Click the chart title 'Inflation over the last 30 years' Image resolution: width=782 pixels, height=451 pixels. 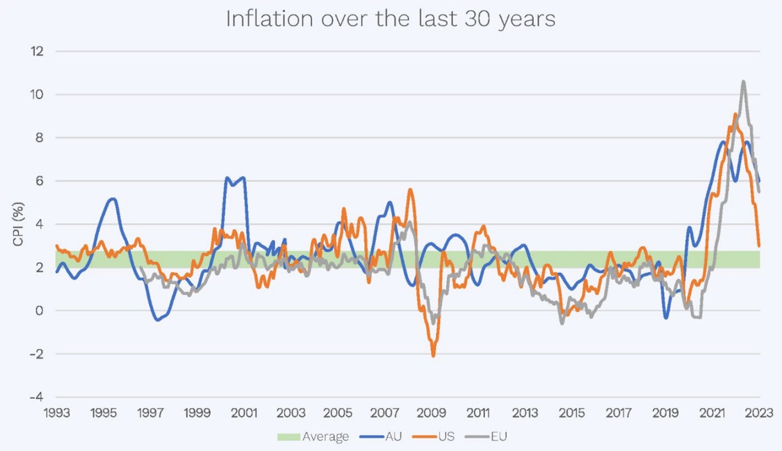pyautogui.click(x=390, y=19)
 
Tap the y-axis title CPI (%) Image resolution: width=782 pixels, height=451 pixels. pyautogui.click(x=18, y=225)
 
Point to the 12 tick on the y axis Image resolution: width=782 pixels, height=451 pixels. pyautogui.click(x=38, y=51)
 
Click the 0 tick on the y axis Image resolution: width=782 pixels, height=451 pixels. pyautogui.click(x=40, y=311)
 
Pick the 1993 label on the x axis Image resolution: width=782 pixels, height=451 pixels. pyautogui.click(x=56, y=413)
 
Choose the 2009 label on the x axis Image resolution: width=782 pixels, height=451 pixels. pyautogui.click(x=431, y=413)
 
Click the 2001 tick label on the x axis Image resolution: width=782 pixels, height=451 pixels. pyautogui.click(x=243, y=413)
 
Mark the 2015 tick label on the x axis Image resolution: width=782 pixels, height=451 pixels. pyautogui.click(x=572, y=413)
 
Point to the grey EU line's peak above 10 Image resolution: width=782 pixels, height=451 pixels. pyautogui.click(x=743, y=81)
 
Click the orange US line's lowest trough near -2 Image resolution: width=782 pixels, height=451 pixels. pyautogui.click(x=433, y=356)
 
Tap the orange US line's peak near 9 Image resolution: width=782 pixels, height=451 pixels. pyautogui.click(x=735, y=114)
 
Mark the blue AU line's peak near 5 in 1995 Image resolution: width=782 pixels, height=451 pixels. pyautogui.click(x=112, y=199)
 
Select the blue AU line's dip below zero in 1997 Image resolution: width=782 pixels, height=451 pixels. pyautogui.click(x=157, y=320)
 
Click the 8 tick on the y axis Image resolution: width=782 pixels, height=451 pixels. pyautogui.click(x=40, y=138)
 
